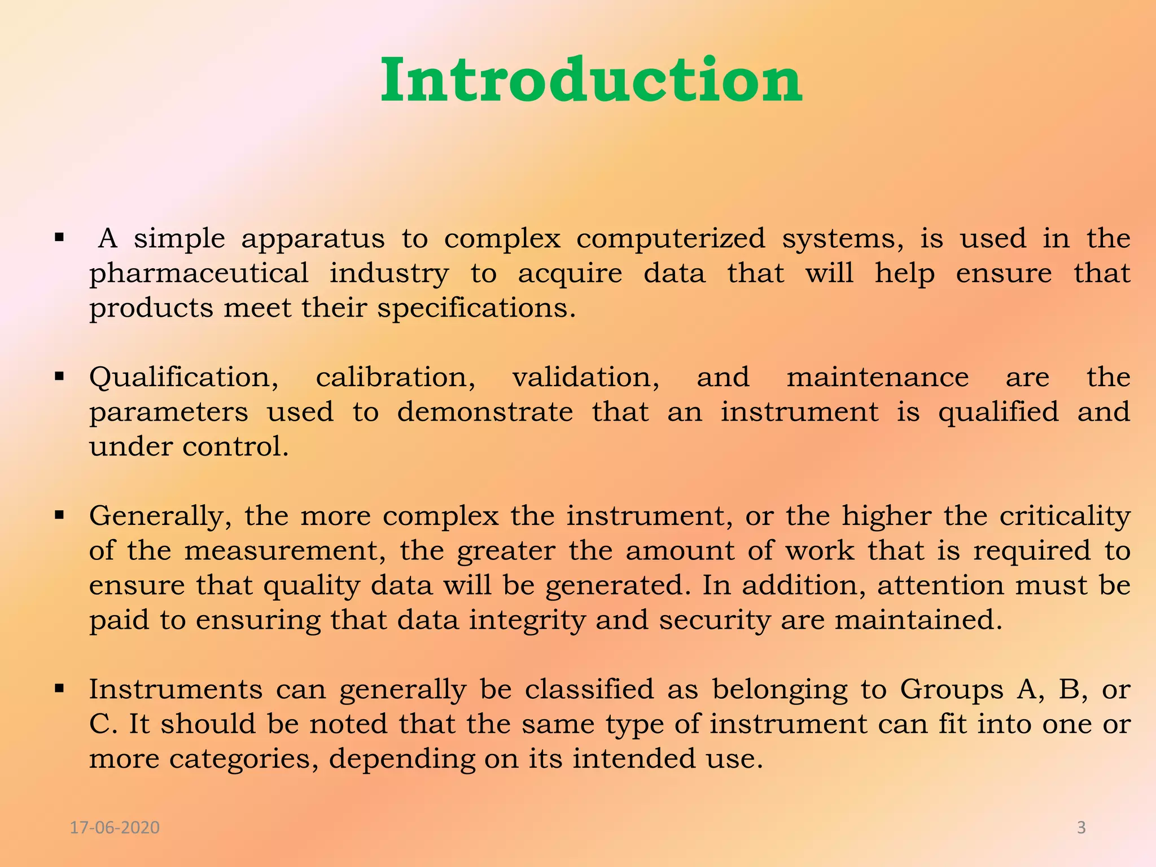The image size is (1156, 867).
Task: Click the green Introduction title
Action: point(591,80)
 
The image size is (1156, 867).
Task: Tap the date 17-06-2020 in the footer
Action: point(115,827)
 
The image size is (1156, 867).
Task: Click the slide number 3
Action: point(1081,827)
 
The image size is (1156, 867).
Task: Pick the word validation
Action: point(585,378)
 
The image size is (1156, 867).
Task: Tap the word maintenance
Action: point(878,378)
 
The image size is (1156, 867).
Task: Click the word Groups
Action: point(952,690)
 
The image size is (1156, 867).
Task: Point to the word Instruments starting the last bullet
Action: point(176,690)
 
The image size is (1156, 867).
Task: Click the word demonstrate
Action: point(485,412)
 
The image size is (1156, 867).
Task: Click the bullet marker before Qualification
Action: point(59,376)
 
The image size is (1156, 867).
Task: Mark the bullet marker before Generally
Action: point(59,515)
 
